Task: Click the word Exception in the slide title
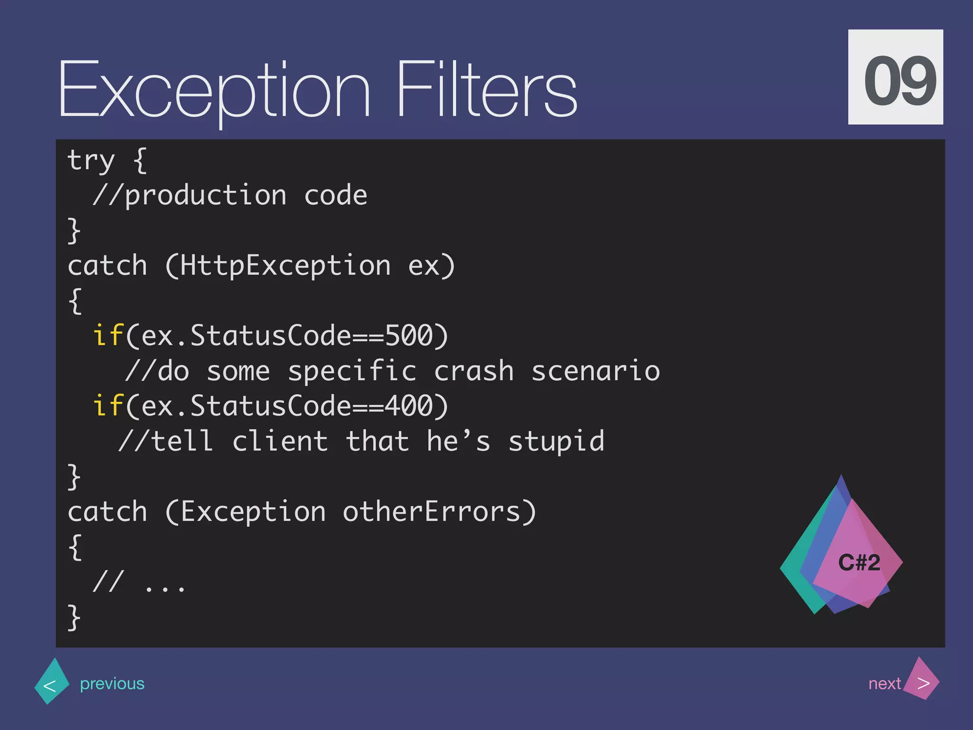click(x=214, y=90)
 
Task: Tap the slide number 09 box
click(x=895, y=77)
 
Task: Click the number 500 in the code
click(x=409, y=336)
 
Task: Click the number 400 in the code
click(x=409, y=406)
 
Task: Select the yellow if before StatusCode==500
click(x=108, y=336)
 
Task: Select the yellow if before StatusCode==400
click(x=108, y=406)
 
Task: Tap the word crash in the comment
click(x=474, y=371)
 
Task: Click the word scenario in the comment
click(x=595, y=371)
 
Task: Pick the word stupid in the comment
click(x=556, y=442)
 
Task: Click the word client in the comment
click(x=280, y=442)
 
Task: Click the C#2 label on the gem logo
click(x=859, y=563)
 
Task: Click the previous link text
click(x=112, y=683)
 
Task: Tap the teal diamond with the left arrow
click(x=52, y=682)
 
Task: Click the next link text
click(x=884, y=683)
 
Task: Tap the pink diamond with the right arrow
click(x=922, y=680)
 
